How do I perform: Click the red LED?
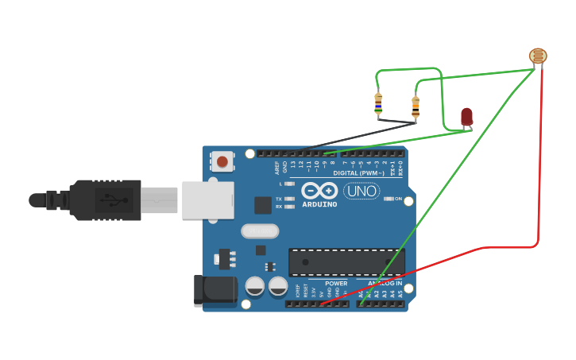(466, 116)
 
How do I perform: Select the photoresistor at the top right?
(538, 56)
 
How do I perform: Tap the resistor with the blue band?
(378, 103)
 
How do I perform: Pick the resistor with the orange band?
(415, 106)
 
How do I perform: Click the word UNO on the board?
(361, 191)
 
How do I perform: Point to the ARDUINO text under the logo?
(319, 204)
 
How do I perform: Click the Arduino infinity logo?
(319, 191)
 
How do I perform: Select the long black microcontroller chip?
(346, 261)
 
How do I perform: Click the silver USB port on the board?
(207, 200)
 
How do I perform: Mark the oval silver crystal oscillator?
(260, 231)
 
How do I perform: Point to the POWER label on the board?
(336, 283)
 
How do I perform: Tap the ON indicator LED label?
(398, 199)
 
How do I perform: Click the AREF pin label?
(277, 168)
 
